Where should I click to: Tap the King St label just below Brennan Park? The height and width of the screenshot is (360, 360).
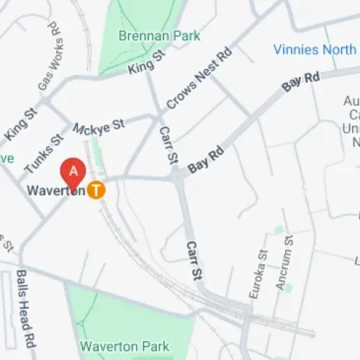pos(141,68)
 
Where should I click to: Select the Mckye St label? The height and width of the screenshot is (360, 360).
pos(99,127)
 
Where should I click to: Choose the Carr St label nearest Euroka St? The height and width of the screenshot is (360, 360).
pos(194,260)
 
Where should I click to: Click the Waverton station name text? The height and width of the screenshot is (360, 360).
pos(56,191)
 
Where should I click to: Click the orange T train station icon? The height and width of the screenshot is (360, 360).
pos(96,190)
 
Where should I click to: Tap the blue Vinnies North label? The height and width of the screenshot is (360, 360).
pos(315,49)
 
